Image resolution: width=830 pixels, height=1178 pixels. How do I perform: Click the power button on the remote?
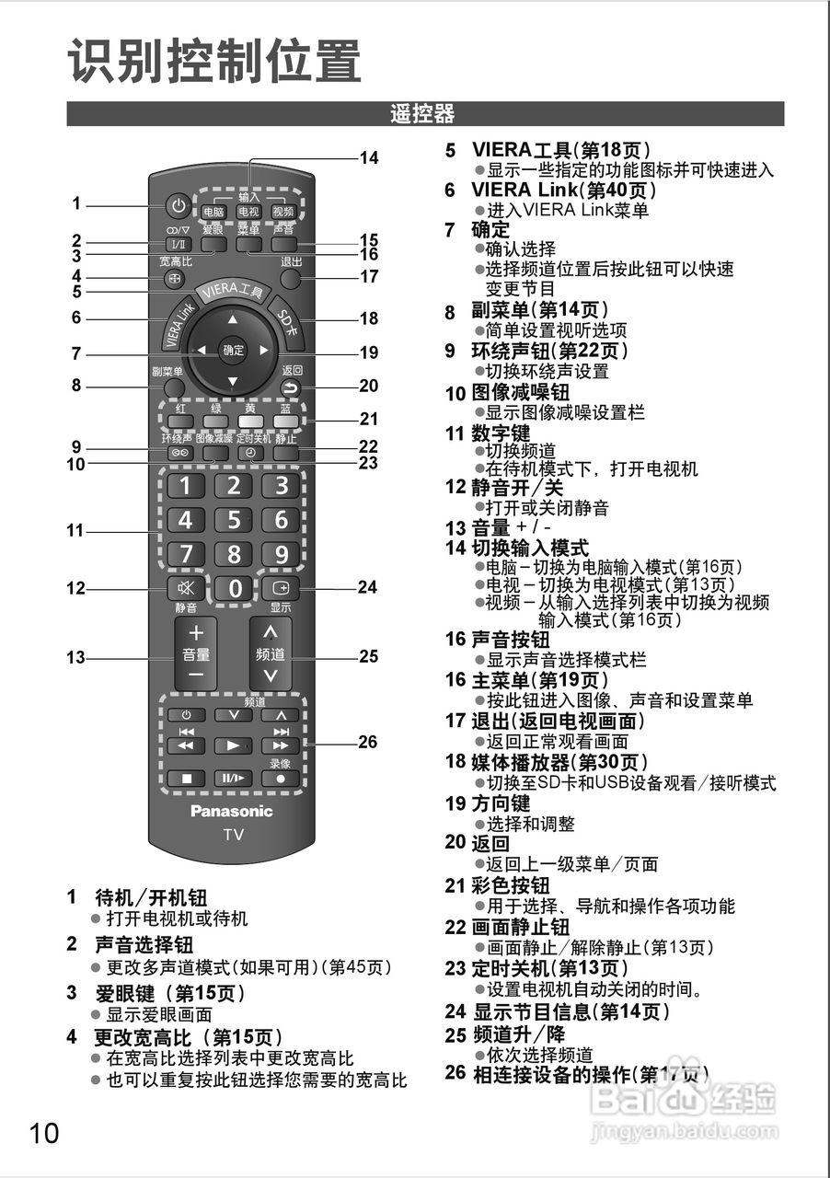(179, 205)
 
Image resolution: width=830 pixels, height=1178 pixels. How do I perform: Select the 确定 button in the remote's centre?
(233, 350)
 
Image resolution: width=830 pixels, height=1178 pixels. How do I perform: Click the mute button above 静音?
(186, 587)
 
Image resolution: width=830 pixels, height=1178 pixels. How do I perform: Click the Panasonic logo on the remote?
(232, 811)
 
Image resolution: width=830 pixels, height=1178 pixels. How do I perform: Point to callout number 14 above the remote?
(368, 157)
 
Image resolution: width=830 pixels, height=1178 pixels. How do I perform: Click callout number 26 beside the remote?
(367, 742)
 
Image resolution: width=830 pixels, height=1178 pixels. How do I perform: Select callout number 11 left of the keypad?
(75, 531)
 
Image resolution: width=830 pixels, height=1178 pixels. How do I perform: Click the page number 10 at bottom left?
(43, 1132)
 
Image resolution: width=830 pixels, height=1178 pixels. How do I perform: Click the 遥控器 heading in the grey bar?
(422, 114)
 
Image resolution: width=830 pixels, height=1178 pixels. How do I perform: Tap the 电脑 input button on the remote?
(213, 212)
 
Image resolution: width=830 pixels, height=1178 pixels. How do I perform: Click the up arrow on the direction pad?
(233, 319)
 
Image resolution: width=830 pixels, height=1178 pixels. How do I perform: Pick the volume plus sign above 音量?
(195, 633)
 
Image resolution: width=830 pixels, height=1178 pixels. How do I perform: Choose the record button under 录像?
(281, 778)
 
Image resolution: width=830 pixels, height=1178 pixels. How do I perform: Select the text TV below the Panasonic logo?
(233, 835)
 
